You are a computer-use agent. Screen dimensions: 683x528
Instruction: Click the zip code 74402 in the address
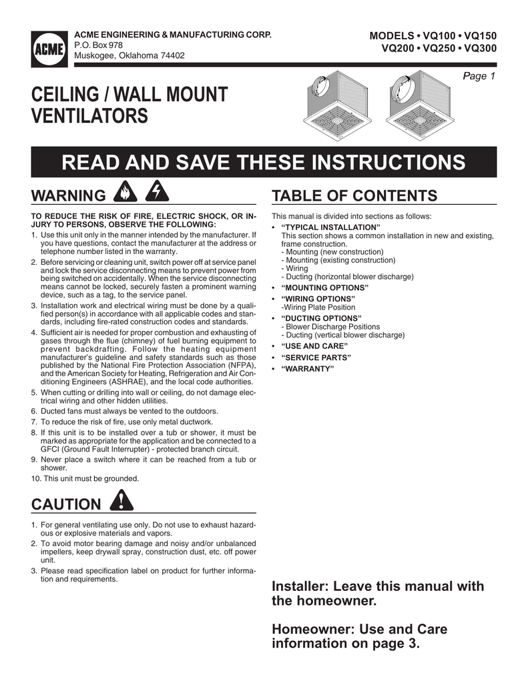coord(172,55)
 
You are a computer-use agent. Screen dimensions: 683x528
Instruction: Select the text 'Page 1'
coord(479,76)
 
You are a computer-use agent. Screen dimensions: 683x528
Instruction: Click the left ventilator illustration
coord(333,105)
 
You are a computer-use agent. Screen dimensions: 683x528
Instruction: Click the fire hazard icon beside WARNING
coord(125,194)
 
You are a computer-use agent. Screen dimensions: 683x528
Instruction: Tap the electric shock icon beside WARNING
coord(157,194)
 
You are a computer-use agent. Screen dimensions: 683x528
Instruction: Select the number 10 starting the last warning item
coord(36,479)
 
